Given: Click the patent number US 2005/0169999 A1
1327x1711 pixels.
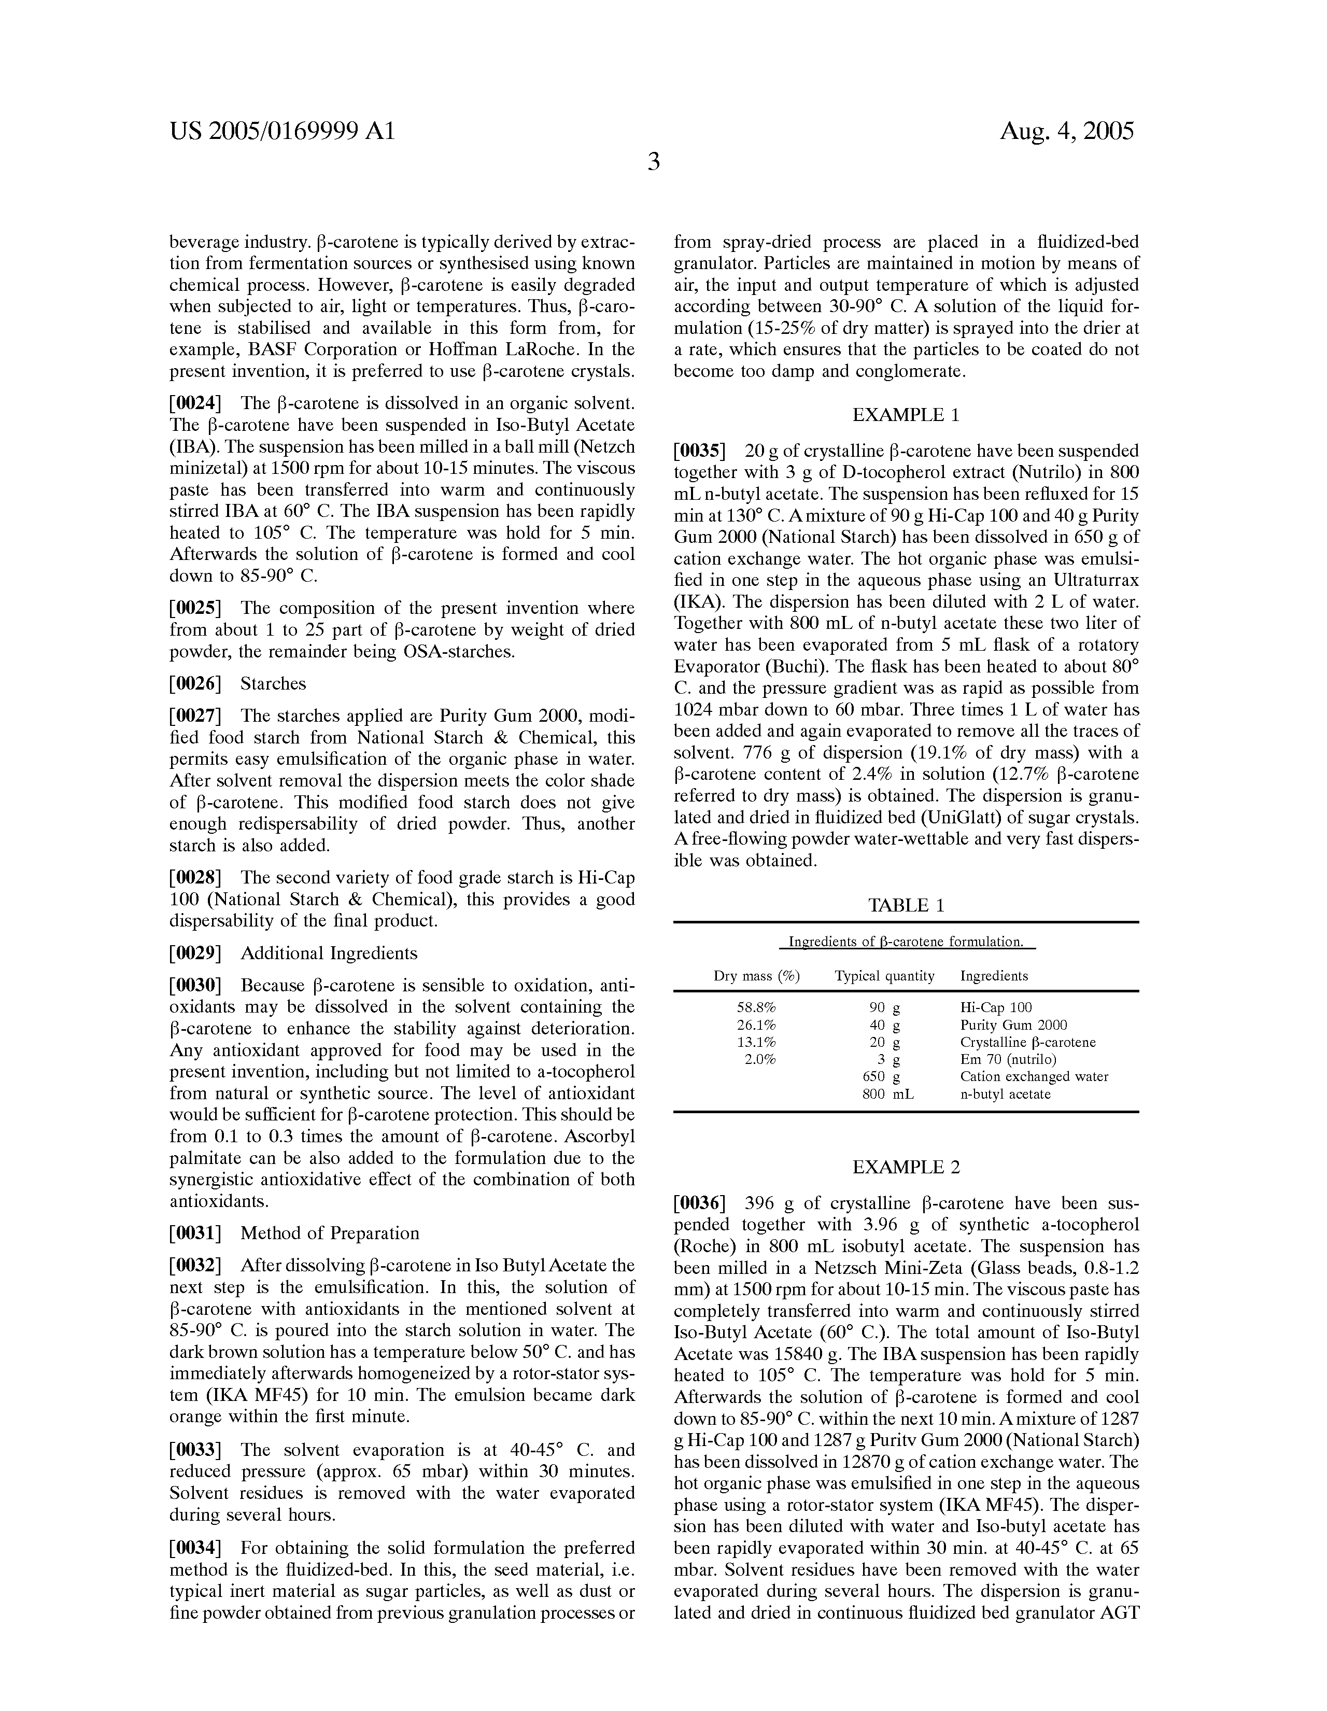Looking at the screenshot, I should click(x=282, y=131).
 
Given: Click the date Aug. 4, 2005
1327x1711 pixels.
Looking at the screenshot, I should click(x=1066, y=131).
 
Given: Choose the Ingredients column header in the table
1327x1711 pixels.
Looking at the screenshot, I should click(x=994, y=976).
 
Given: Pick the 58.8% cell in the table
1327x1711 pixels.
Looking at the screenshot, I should click(x=756, y=1007).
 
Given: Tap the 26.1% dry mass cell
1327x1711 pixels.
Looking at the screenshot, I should click(x=756, y=1025).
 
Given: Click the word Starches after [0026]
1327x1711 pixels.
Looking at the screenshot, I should click(x=273, y=683).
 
